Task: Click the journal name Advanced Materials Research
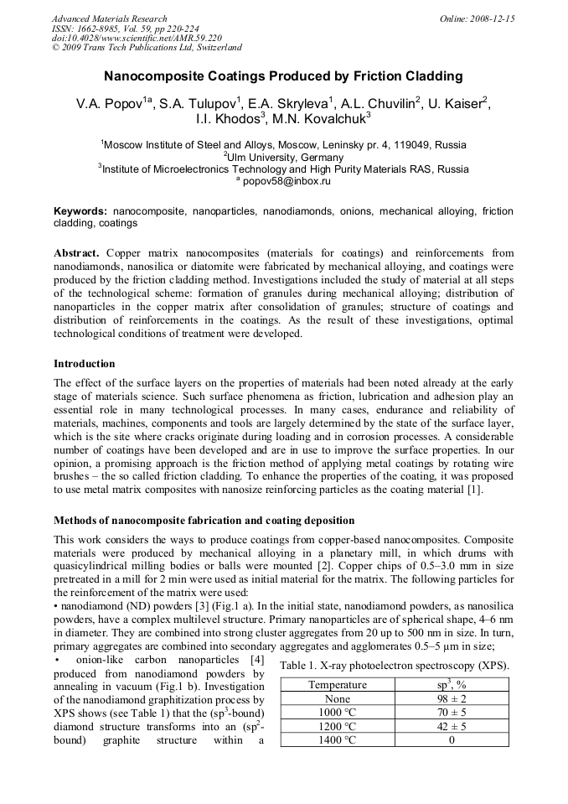coord(109,18)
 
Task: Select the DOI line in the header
coord(137,38)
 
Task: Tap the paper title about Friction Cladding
coord(283,76)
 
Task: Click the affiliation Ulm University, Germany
coord(283,157)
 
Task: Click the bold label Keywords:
coord(80,212)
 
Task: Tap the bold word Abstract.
coord(77,253)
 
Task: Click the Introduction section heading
coord(85,364)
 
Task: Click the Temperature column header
coord(338,685)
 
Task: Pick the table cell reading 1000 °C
coord(338,713)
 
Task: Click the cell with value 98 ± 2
coord(452,699)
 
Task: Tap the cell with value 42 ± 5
coord(452,726)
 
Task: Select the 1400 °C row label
coord(338,740)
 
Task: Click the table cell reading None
coord(338,699)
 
